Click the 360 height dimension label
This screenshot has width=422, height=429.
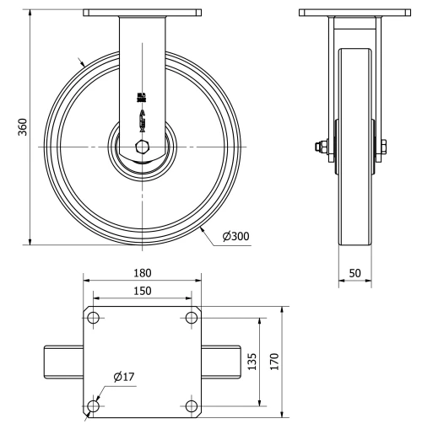24,127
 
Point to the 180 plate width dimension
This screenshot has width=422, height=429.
142,273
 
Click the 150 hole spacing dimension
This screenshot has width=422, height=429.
142,291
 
